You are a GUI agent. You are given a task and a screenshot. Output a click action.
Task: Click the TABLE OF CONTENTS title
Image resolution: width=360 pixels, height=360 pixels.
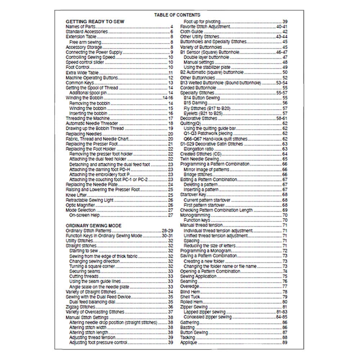(177, 15)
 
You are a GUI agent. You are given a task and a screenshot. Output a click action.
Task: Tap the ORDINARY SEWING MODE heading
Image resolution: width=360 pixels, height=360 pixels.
(94, 226)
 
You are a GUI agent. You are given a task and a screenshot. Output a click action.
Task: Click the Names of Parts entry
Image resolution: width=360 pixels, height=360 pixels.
(80, 27)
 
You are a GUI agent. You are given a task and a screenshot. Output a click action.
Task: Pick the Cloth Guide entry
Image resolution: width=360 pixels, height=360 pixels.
(192, 32)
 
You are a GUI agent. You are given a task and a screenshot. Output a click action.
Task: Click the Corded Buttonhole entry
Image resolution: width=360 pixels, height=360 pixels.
(198, 88)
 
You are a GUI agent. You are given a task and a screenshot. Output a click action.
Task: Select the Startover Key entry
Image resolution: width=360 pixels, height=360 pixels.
(193, 195)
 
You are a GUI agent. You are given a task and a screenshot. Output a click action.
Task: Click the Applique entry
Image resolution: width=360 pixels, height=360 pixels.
(189, 342)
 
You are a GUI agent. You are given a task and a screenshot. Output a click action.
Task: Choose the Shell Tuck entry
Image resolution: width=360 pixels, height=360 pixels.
(190, 297)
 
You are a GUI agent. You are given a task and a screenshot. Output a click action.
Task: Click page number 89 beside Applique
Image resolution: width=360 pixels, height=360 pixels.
(285, 342)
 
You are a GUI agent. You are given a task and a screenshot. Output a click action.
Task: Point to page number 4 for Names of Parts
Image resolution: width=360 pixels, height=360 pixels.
(172, 27)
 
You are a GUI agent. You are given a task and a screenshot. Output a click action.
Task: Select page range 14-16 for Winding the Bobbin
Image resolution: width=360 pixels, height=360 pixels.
(168, 98)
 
